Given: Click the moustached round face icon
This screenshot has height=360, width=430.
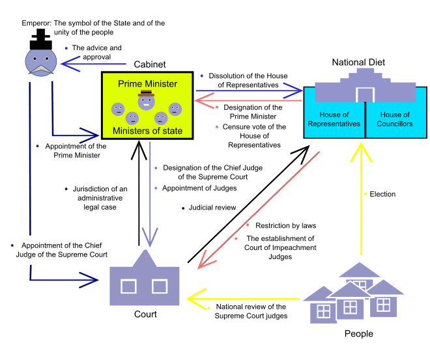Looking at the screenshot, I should pyautogui.click(x=40, y=62).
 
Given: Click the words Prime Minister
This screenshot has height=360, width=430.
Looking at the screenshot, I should pyautogui.click(x=147, y=84).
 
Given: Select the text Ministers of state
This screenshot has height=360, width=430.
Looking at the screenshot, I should pyautogui.click(x=147, y=132).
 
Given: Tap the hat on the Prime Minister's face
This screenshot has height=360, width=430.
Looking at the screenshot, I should pyautogui.click(x=146, y=94).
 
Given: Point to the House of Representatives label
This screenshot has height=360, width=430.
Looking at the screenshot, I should pyautogui.click(x=334, y=119).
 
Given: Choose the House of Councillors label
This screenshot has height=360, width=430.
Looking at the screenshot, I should pyautogui.click(x=395, y=119).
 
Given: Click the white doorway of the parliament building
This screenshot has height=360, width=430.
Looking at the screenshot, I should pyautogui.click(x=365, y=94).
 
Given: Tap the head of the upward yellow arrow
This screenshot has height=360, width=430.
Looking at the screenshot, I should pyautogui.click(x=360, y=151).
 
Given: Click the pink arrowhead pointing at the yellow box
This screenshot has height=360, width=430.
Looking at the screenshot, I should pyautogui.click(x=201, y=100).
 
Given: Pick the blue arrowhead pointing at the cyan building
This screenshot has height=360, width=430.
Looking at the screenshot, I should pyautogui.click(x=297, y=90).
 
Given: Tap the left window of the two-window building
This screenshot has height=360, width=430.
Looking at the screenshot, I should pyautogui.click(x=128, y=286).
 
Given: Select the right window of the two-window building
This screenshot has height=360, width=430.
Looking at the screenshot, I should pyautogui.click(x=160, y=286).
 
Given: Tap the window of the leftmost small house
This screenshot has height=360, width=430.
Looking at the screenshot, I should pyautogui.click(x=323, y=311).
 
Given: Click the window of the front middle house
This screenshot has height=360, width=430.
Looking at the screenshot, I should pyautogui.click(x=350, y=307).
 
